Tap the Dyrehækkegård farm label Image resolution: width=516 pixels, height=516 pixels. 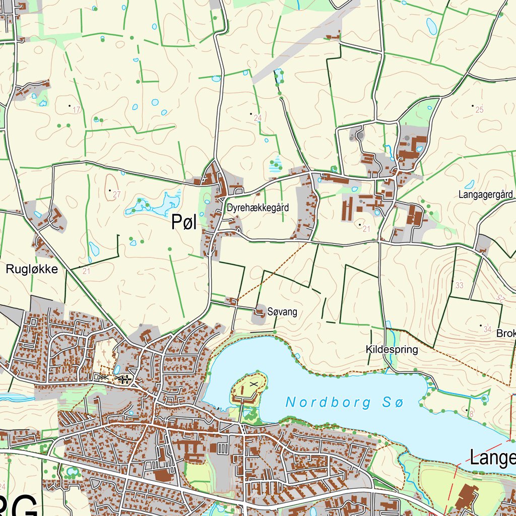[257, 207]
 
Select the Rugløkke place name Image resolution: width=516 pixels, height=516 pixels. [32, 270]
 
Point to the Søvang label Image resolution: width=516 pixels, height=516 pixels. [283, 312]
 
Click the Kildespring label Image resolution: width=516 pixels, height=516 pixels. [392, 349]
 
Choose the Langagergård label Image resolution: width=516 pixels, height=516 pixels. [485, 194]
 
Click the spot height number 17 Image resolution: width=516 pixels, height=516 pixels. [77, 110]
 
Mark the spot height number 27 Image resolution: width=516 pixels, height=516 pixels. [117, 195]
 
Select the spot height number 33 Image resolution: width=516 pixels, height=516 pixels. [459, 286]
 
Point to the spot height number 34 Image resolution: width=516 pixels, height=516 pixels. [487, 330]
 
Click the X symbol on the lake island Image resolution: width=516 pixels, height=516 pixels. [253, 383]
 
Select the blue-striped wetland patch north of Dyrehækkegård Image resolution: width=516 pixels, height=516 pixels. [275, 164]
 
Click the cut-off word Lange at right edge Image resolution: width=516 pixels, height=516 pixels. [492, 458]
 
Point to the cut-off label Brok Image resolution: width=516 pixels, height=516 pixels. [505, 334]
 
